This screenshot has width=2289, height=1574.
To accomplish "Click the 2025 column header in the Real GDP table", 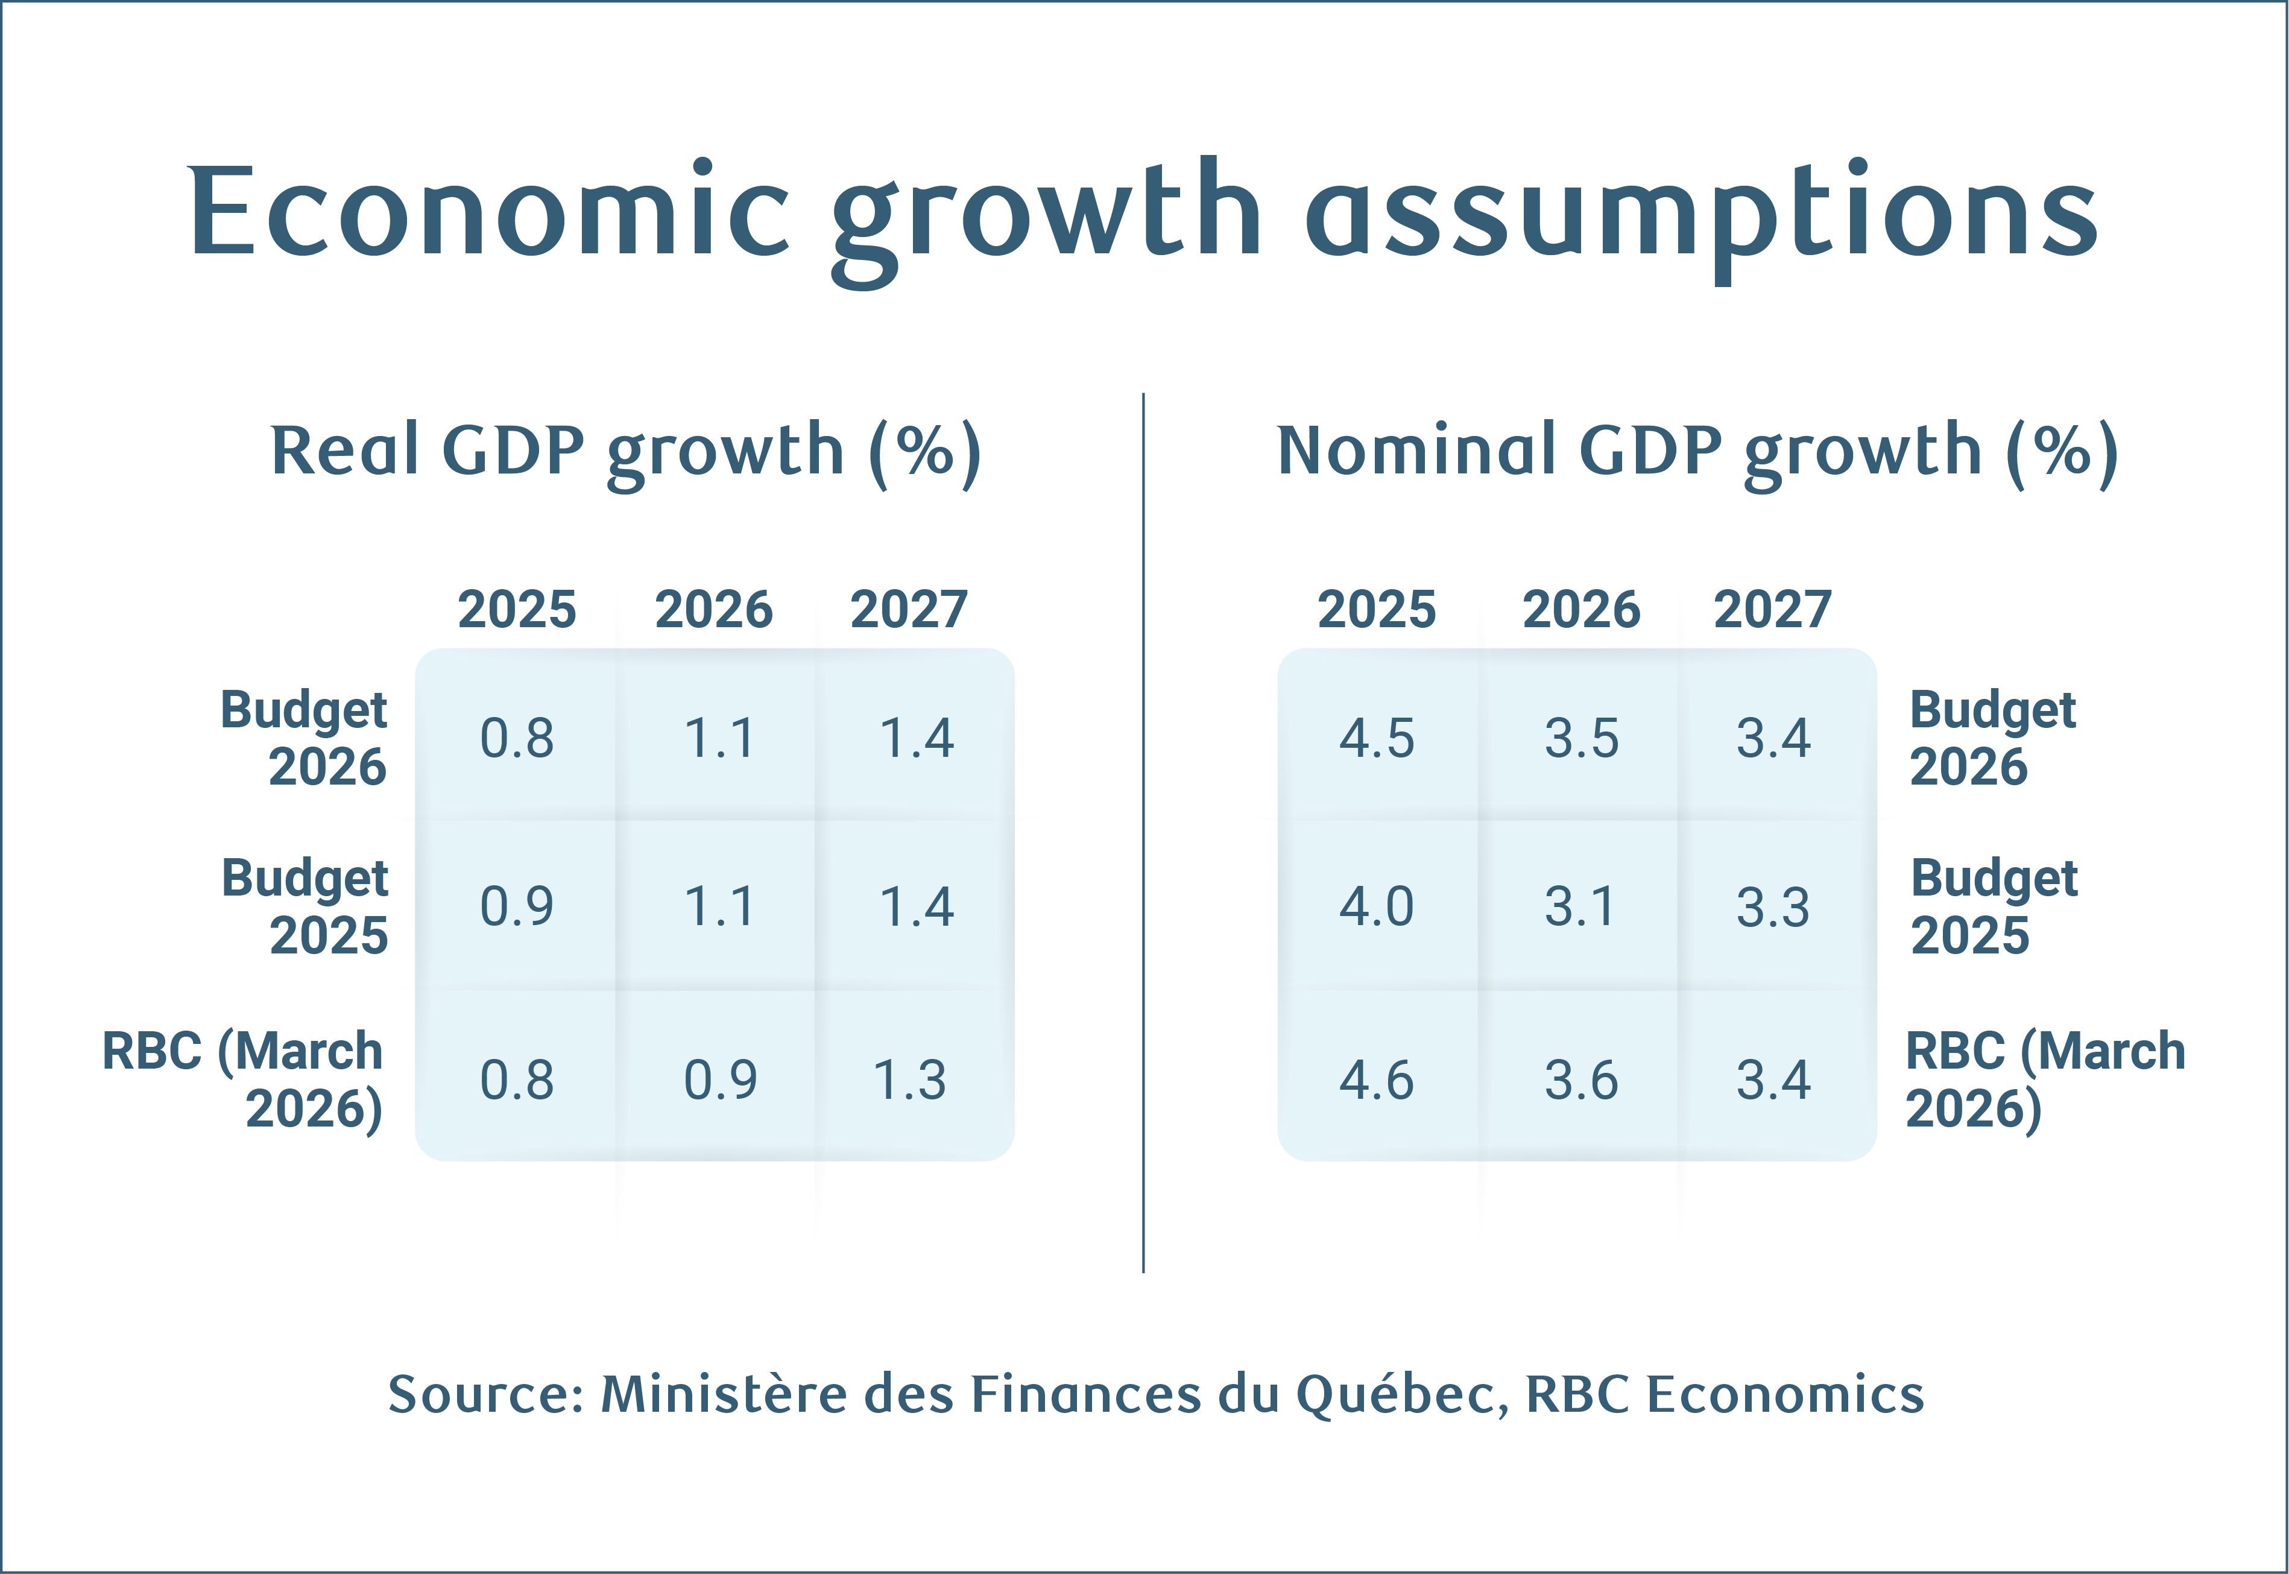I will (517, 610).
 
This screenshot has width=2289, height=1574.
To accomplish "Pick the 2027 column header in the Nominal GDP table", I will (1772, 610).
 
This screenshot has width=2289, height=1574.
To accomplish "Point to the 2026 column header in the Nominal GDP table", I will (1581, 610).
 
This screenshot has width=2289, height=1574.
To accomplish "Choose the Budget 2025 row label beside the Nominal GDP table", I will (1993, 906).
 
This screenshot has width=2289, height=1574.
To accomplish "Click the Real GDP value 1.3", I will (909, 1081).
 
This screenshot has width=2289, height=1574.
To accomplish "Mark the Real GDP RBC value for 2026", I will (720, 1081).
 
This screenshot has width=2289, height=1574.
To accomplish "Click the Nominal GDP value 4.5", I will (1377, 739).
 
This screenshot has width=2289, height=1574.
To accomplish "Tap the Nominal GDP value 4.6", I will (1377, 1081).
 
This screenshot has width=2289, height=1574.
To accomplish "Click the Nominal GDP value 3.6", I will (1581, 1081).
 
